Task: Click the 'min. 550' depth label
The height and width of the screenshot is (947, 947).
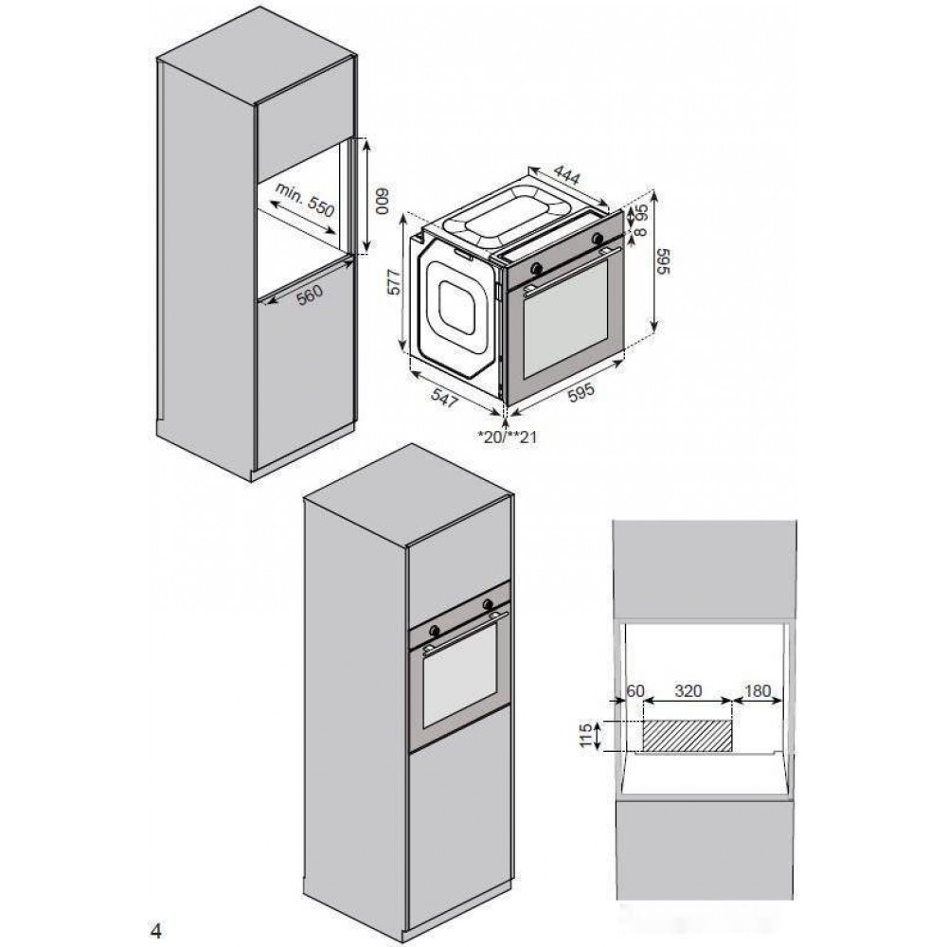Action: (x=304, y=199)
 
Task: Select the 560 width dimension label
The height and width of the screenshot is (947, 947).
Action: (x=310, y=295)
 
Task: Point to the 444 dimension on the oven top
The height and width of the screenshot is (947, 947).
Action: (x=567, y=175)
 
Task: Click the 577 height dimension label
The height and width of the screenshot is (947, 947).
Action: (x=394, y=281)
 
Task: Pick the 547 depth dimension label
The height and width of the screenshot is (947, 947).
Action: (x=445, y=398)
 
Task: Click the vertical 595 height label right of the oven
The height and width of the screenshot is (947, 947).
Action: (x=664, y=261)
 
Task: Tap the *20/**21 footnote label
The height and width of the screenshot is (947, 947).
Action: (x=507, y=436)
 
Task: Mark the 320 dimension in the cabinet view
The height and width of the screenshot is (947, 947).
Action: (x=688, y=690)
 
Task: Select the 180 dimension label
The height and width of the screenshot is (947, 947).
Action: (x=758, y=690)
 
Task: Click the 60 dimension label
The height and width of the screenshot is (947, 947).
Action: (x=635, y=690)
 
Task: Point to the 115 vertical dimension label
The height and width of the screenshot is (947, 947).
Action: (x=585, y=736)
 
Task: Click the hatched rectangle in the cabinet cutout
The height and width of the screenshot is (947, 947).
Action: (x=688, y=736)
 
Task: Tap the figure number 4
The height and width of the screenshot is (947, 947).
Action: (x=156, y=931)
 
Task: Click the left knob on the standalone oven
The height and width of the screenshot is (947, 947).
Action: (x=535, y=268)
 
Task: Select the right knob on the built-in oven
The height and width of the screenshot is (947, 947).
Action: (x=487, y=603)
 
